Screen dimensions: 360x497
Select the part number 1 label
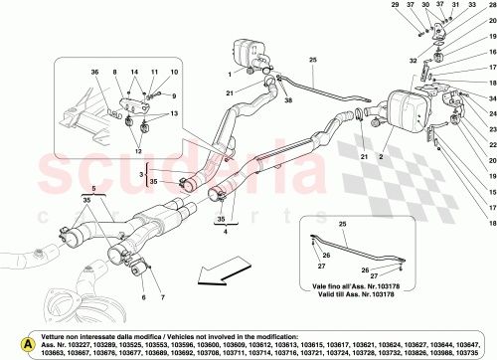point(228,74)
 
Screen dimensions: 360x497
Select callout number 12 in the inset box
point(124,150)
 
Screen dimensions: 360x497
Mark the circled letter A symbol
point(12,343)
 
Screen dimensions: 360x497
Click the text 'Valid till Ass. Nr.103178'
point(354,293)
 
